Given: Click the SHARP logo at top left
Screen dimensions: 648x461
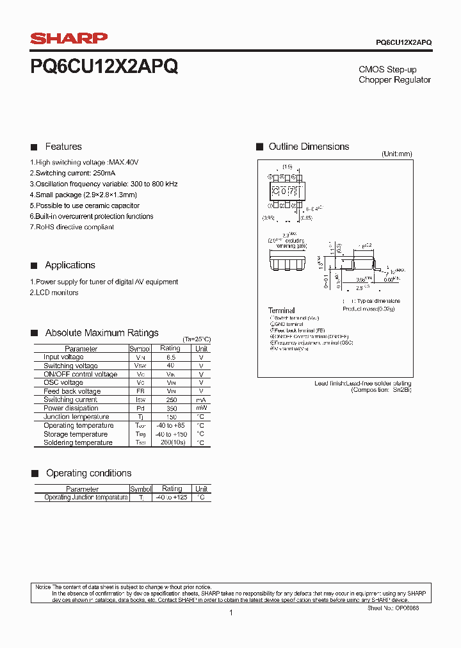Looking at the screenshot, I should [x=69, y=39].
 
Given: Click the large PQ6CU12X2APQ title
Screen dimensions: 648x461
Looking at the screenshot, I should [x=104, y=67].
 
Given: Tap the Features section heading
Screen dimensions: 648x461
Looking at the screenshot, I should [x=63, y=147].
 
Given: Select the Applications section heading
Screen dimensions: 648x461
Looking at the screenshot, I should [x=70, y=265].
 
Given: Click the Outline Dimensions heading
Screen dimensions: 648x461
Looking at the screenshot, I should [x=309, y=147].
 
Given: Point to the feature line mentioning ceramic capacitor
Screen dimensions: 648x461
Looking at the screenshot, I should [x=85, y=206].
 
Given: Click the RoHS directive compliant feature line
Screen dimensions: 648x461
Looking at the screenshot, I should [x=72, y=227].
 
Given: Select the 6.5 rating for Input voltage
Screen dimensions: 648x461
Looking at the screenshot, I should [x=170, y=357].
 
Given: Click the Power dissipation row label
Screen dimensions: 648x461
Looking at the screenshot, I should [x=70, y=409].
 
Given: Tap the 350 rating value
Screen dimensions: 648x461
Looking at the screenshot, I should [x=170, y=409].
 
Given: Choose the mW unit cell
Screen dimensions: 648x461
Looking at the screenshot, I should [x=201, y=409].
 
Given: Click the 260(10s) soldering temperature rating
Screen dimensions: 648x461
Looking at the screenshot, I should [x=170, y=442].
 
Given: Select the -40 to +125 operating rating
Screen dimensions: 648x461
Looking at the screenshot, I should [x=172, y=498].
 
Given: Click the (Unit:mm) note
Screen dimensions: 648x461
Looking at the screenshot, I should [x=397, y=154].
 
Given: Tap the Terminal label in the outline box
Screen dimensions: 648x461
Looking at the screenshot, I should [x=282, y=311].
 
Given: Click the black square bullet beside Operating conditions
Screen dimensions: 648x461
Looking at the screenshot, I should [x=35, y=473].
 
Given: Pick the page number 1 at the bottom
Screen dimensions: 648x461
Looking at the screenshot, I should [x=230, y=613].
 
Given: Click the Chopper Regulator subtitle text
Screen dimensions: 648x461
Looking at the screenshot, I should [x=394, y=80].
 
